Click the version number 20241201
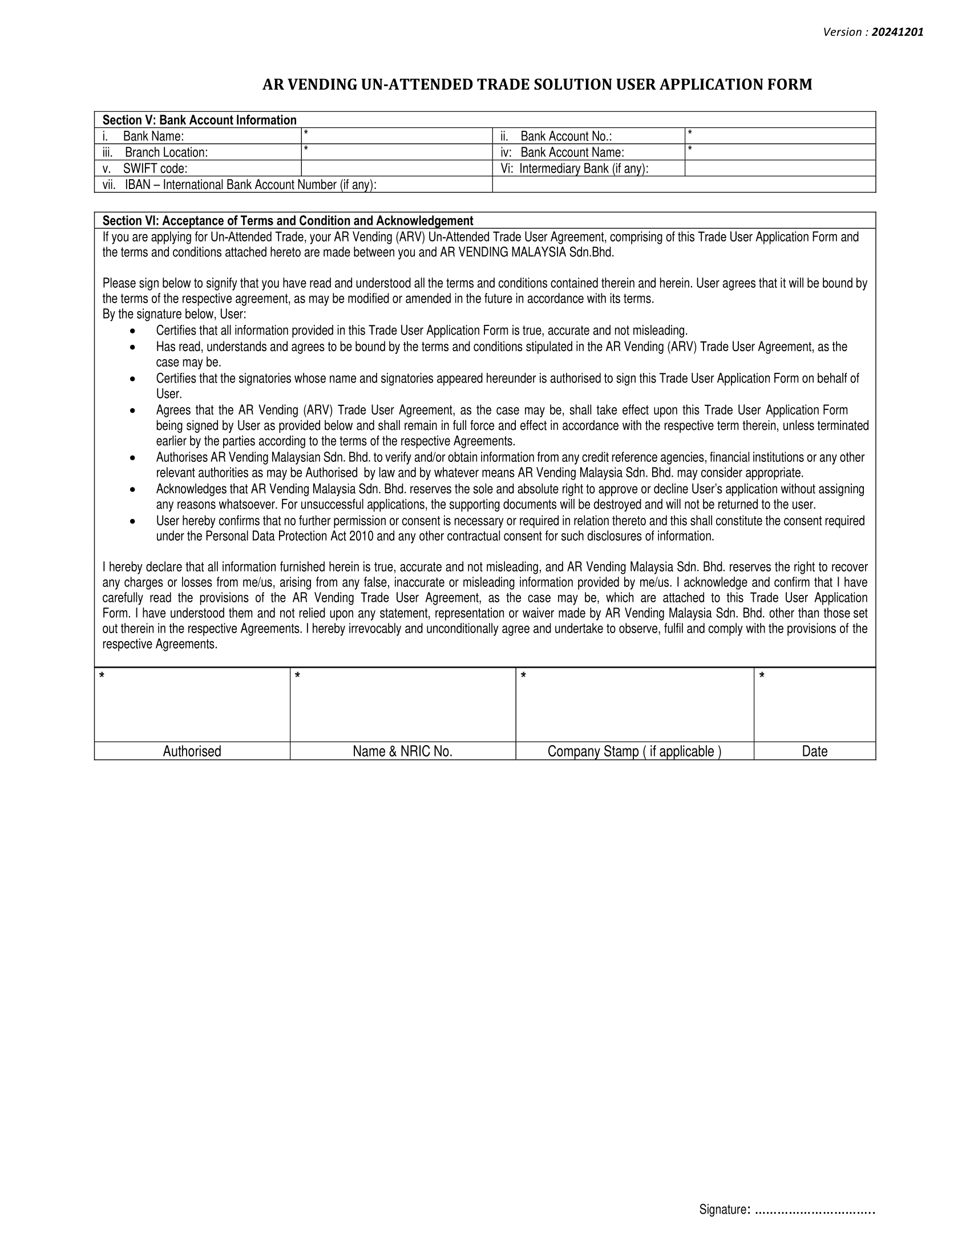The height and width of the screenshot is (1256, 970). tap(897, 32)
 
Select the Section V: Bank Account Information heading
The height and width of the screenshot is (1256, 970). tap(199, 120)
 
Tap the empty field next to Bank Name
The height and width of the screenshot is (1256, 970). tap(397, 136)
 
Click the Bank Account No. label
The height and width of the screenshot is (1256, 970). tap(565, 136)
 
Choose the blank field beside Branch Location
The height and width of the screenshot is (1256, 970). tap(397, 152)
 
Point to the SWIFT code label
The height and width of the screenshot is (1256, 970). tap(155, 168)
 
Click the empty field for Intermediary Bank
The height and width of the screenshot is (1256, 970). tap(780, 168)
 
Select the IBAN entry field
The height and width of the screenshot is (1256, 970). tap(684, 184)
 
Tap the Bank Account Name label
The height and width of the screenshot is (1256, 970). tap(572, 152)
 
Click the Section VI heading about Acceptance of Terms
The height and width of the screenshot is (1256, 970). tap(288, 221)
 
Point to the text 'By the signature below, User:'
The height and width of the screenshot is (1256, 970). tap(174, 315)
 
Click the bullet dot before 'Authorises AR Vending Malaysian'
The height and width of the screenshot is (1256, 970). tap(133, 458)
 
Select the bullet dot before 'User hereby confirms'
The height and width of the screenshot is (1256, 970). tap(133, 521)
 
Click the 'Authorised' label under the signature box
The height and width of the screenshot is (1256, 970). tap(192, 751)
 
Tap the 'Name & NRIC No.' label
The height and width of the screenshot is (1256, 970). tap(402, 751)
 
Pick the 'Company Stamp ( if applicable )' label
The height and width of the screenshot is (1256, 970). tap(634, 751)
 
